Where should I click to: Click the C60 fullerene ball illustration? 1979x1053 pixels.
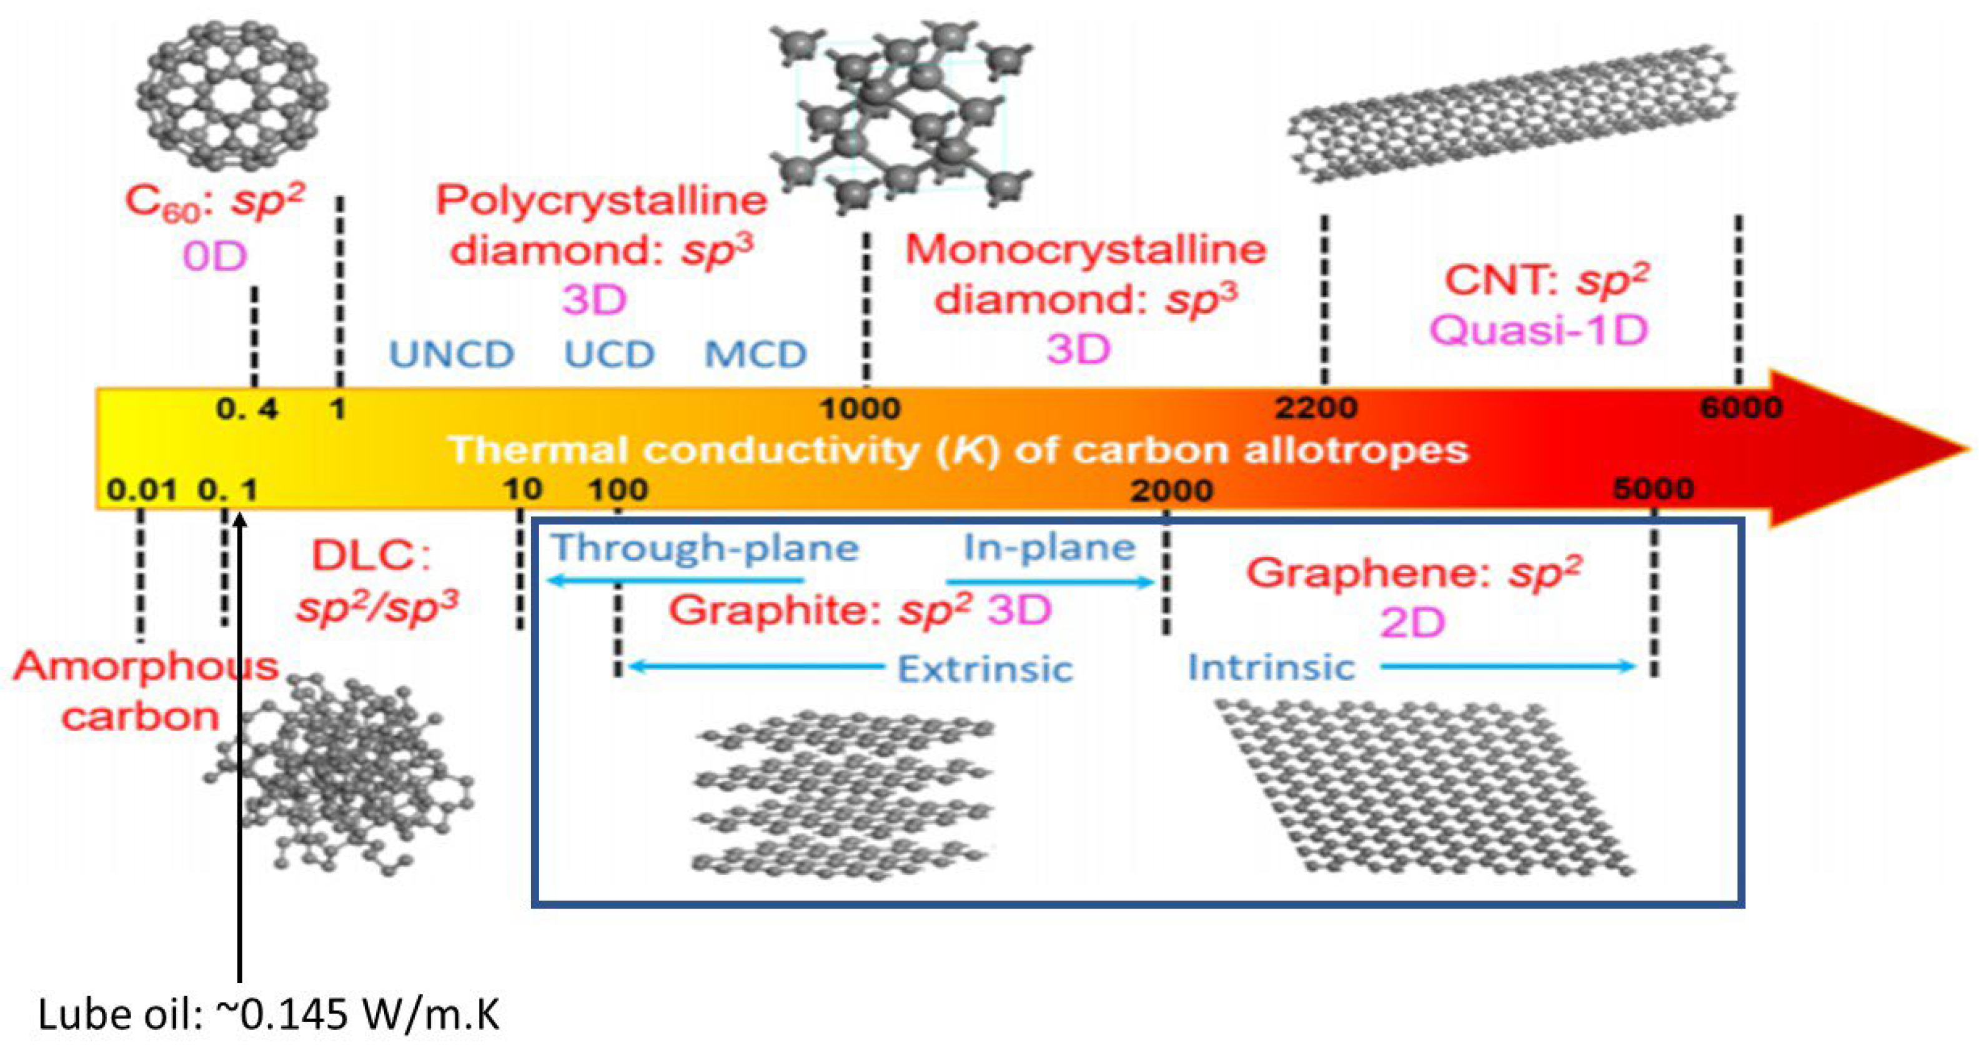tap(232, 96)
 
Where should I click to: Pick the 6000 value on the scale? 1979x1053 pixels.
tap(1741, 407)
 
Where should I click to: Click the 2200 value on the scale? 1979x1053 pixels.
tap(1316, 407)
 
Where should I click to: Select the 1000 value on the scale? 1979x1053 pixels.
tap(860, 408)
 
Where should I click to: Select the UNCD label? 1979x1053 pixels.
tap(452, 354)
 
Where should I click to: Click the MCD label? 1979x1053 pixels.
tap(756, 354)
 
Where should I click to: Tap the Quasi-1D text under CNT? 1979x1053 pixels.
tap(1539, 331)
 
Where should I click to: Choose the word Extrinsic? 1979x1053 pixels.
tap(985, 669)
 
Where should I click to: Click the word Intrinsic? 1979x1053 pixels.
tap(1271, 667)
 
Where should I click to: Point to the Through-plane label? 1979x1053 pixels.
tap(705, 547)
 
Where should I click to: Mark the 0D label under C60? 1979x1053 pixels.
tap(215, 256)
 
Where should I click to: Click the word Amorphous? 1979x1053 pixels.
tap(146, 666)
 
